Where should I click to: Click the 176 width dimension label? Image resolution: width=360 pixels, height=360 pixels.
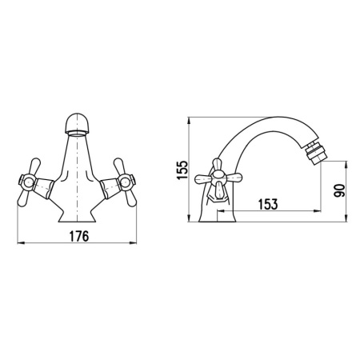[79, 236]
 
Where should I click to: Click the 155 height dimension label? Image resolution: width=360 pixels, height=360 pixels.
[182, 170]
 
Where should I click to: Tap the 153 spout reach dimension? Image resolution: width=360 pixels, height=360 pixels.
[268, 204]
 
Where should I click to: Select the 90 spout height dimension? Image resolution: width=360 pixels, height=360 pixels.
[339, 190]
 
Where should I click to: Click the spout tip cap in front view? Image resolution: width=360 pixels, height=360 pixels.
[77, 124]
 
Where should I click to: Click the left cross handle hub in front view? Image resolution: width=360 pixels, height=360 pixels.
[27, 182]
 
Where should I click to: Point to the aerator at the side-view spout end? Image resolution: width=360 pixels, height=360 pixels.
[313, 153]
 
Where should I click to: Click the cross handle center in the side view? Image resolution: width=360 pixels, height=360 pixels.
[218, 176]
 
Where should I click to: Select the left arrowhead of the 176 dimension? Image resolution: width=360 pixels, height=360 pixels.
[21, 243]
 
